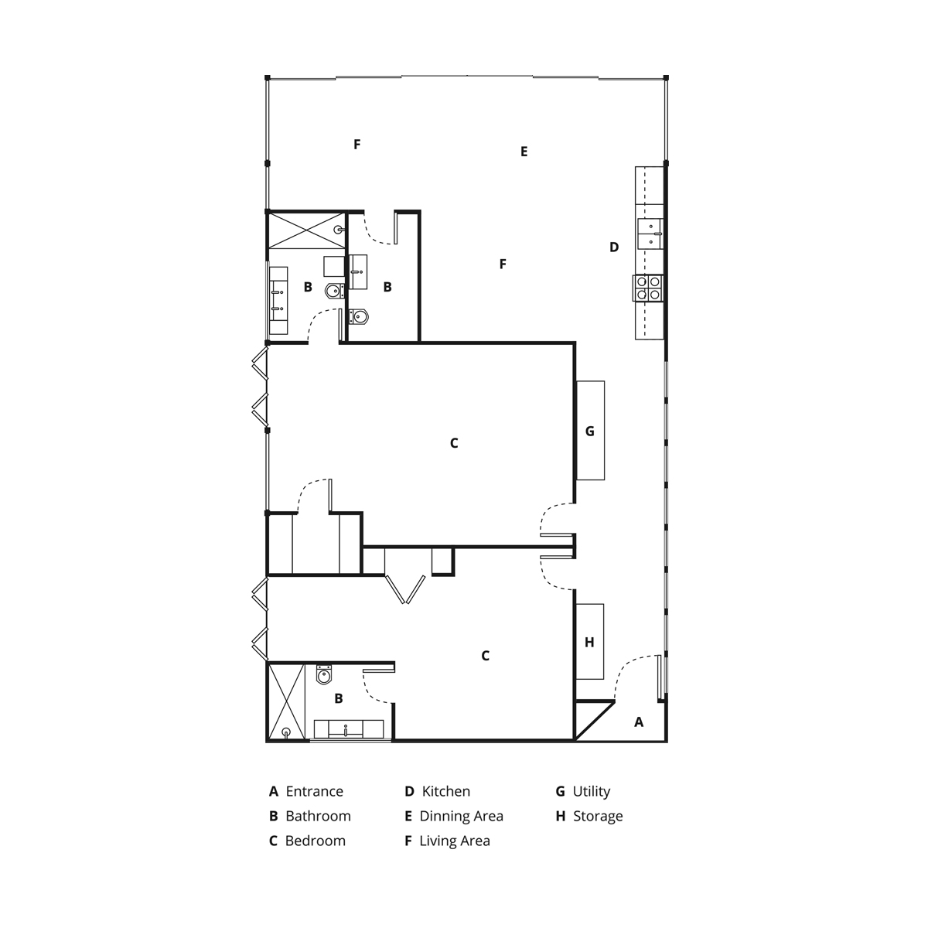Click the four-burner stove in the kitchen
647,288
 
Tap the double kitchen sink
650,234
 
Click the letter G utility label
589,431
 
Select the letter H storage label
589,642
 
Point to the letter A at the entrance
639,722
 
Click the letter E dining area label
524,152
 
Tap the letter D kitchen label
614,247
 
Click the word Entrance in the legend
314,791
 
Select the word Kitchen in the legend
446,791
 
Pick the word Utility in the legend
592,792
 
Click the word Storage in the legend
598,816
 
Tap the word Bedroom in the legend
316,841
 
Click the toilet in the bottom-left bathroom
324,674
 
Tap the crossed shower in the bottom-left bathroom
287,701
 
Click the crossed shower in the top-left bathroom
307,230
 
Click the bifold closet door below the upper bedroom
405,589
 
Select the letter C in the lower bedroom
485,656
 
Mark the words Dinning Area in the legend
462,817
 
